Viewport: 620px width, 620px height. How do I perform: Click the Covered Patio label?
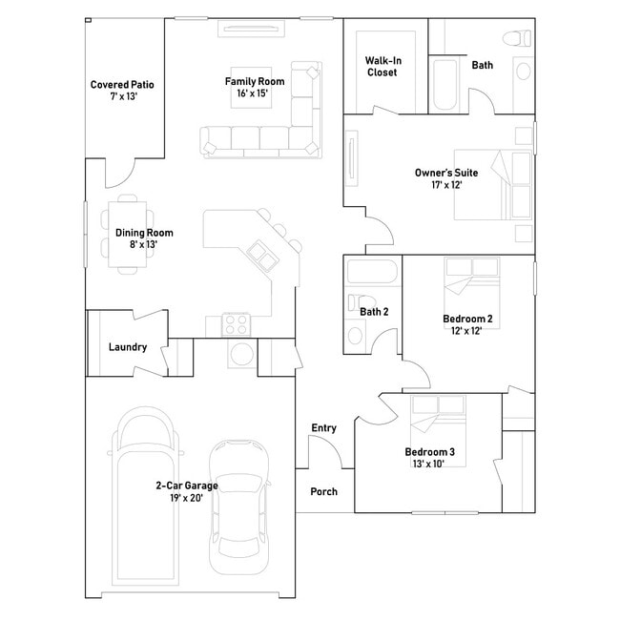click(x=122, y=91)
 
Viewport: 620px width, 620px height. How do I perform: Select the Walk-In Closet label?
click(x=382, y=66)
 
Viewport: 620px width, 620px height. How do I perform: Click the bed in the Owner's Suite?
click(x=493, y=186)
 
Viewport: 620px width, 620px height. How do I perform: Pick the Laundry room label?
click(x=127, y=347)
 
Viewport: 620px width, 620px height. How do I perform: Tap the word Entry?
click(x=323, y=428)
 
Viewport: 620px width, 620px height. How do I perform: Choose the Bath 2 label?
click(x=374, y=311)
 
